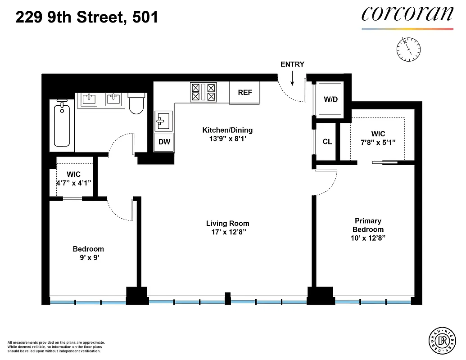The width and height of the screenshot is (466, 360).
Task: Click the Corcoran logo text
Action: tap(407, 14)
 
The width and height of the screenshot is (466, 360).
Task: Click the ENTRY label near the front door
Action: tap(292, 64)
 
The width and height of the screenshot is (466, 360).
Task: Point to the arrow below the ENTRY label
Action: tap(293, 79)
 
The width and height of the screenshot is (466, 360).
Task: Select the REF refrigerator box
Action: tap(245, 93)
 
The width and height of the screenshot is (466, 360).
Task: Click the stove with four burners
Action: tap(204, 92)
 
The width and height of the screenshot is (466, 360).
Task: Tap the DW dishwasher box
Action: tap(164, 142)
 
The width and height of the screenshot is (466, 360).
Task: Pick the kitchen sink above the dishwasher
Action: tap(163, 121)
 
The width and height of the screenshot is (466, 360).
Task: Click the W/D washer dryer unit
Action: tap(330, 99)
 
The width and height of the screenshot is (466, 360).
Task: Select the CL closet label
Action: tap(327, 142)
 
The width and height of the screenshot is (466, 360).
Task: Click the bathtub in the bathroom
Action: tap(62, 123)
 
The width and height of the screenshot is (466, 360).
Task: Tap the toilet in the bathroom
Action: tap(136, 103)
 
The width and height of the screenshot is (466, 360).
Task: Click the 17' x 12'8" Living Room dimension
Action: tap(227, 232)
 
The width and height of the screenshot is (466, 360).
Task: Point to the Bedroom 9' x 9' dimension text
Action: tap(88, 258)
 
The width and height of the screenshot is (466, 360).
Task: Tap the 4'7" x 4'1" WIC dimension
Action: tap(73, 183)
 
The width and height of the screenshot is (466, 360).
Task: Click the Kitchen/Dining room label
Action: tap(227, 130)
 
